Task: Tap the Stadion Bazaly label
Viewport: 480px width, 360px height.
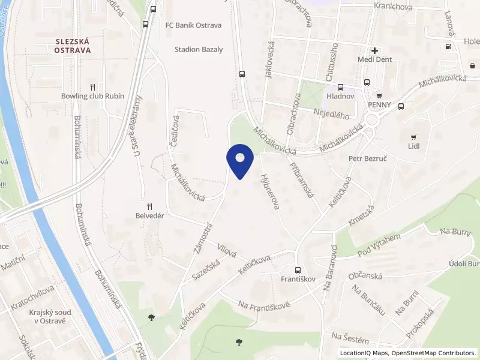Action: (199, 50)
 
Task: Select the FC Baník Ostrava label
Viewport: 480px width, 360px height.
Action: (194, 25)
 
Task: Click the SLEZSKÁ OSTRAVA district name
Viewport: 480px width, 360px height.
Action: (73, 46)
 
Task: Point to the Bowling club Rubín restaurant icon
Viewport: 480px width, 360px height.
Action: (92, 86)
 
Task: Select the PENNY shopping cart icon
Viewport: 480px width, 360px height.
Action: (379, 95)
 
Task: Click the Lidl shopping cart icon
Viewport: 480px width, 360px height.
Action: (413, 137)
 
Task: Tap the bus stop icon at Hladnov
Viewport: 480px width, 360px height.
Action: (341, 87)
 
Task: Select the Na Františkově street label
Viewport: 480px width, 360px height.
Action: (264, 305)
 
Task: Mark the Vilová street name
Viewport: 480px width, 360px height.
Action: (227, 249)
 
